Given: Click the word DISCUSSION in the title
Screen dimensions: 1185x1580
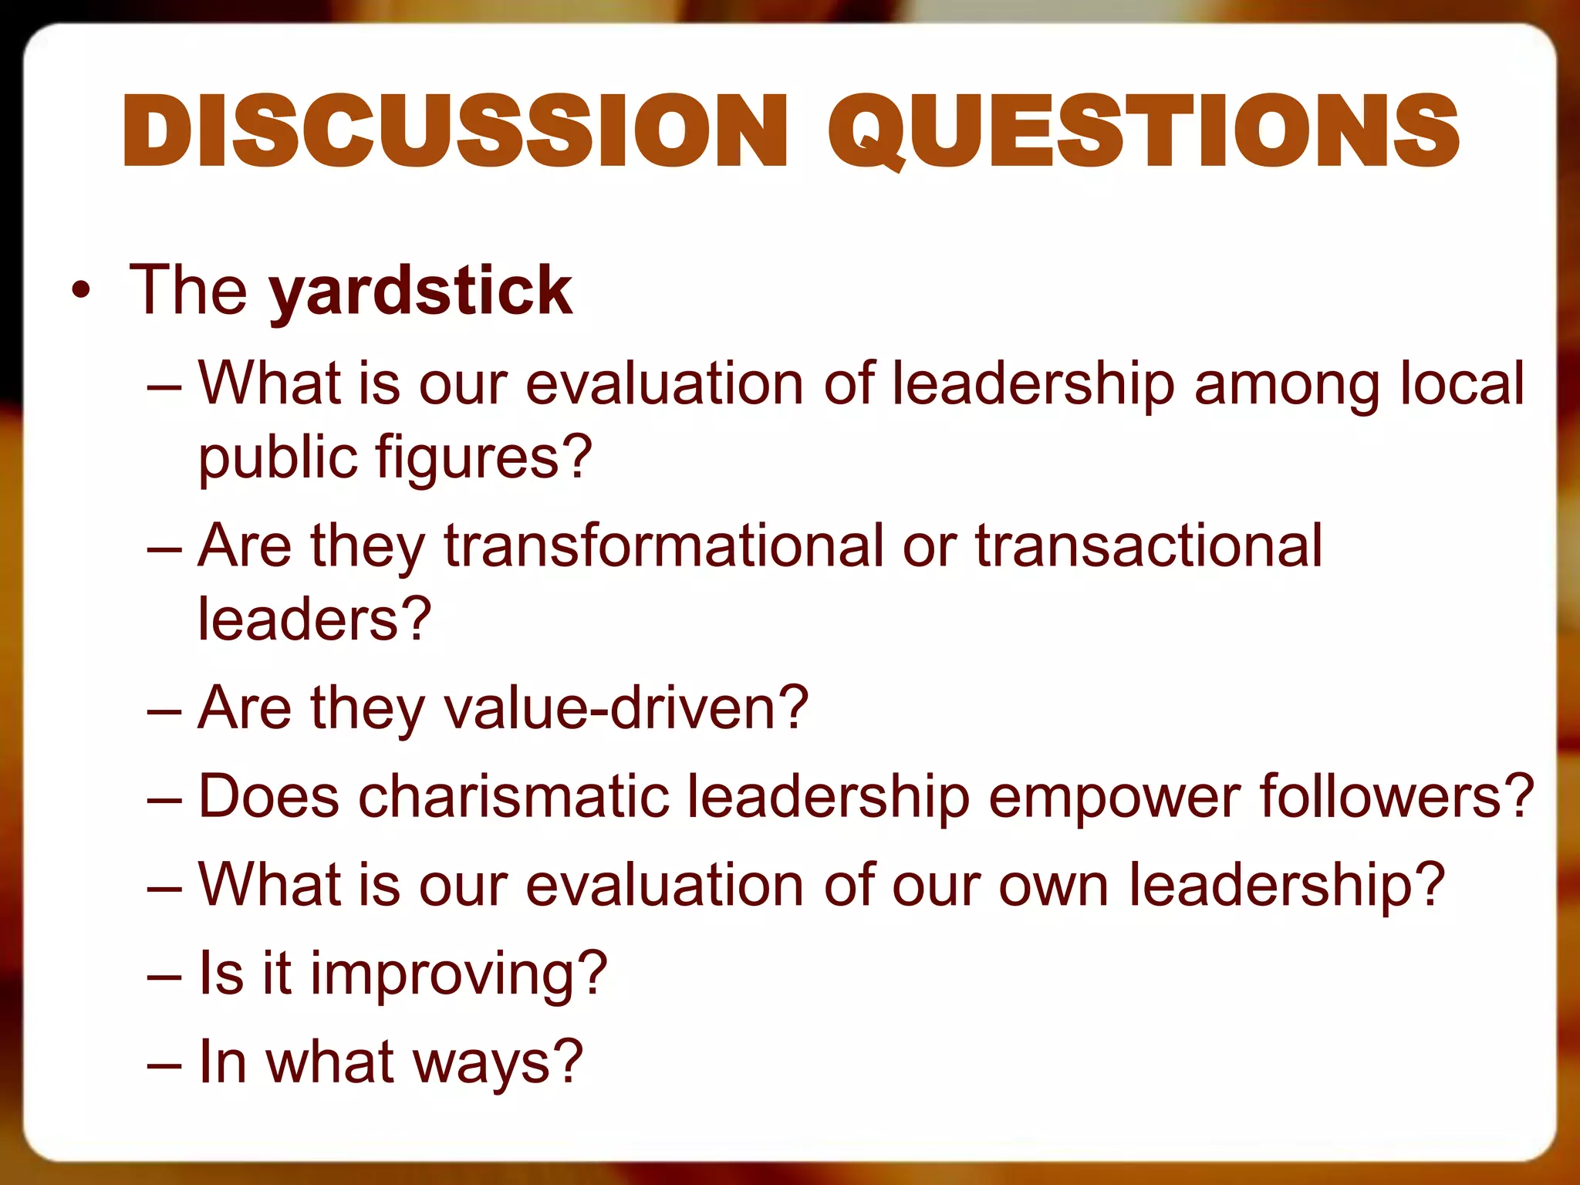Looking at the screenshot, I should (455, 131).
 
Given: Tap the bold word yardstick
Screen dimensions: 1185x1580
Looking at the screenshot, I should (420, 292).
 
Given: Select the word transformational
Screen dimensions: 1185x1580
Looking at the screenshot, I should (663, 546).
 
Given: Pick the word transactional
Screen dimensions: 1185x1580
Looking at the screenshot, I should (1150, 546).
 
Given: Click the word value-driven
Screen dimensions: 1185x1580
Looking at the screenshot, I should (617, 708).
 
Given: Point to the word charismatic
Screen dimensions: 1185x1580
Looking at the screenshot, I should (513, 796).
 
